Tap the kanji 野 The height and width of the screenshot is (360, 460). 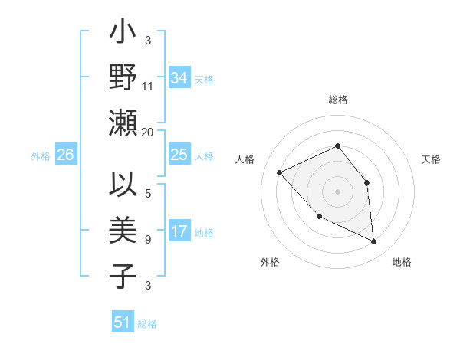[x=123, y=78]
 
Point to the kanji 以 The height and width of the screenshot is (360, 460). [x=123, y=186]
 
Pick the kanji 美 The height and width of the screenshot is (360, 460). [x=123, y=231]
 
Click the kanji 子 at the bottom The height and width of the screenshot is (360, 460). [x=123, y=276]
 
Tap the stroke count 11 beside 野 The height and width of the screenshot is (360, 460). [x=148, y=87]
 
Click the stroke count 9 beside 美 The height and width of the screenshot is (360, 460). [x=147, y=240]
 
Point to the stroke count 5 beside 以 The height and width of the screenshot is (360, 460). [x=147, y=194]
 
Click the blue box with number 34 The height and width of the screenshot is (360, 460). [x=179, y=78]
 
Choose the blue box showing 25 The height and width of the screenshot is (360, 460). [x=179, y=155]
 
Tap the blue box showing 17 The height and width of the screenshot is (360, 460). [x=179, y=231]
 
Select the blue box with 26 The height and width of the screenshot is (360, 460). [x=65, y=155]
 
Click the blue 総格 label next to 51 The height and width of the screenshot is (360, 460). [x=147, y=324]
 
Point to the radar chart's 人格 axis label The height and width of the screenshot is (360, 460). [x=245, y=159]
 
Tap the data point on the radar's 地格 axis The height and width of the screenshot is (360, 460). [x=374, y=242]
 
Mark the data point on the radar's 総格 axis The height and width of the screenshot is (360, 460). [x=337, y=146]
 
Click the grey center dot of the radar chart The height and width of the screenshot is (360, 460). [x=337, y=190]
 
